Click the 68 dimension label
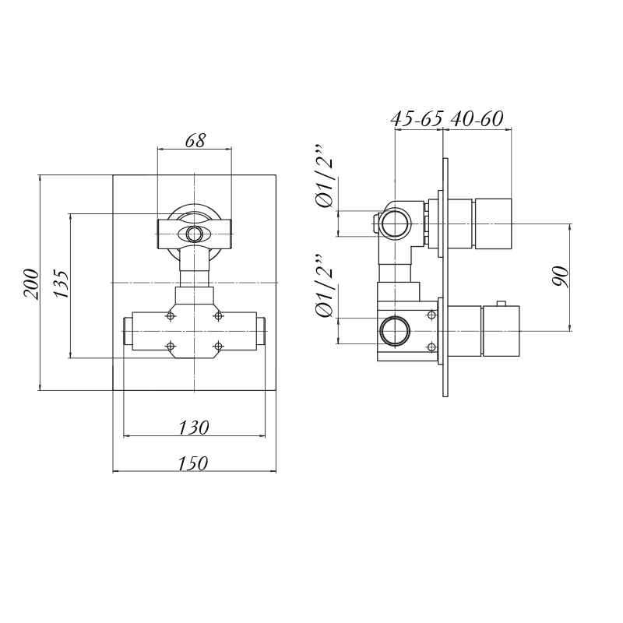195,141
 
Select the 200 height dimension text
32,284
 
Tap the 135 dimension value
62,284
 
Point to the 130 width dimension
193,428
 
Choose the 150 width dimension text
193,463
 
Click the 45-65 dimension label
417,118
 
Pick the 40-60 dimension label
477,118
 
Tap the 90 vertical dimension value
561,276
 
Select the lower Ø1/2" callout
325,286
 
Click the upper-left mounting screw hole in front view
171,316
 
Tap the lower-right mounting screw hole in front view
218,346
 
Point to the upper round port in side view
396,224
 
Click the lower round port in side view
396,331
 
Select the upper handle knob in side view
493,224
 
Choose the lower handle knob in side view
501,331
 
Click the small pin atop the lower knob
502,304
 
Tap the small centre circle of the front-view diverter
194,234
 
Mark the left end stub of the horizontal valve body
128,332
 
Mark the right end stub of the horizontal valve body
261,332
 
